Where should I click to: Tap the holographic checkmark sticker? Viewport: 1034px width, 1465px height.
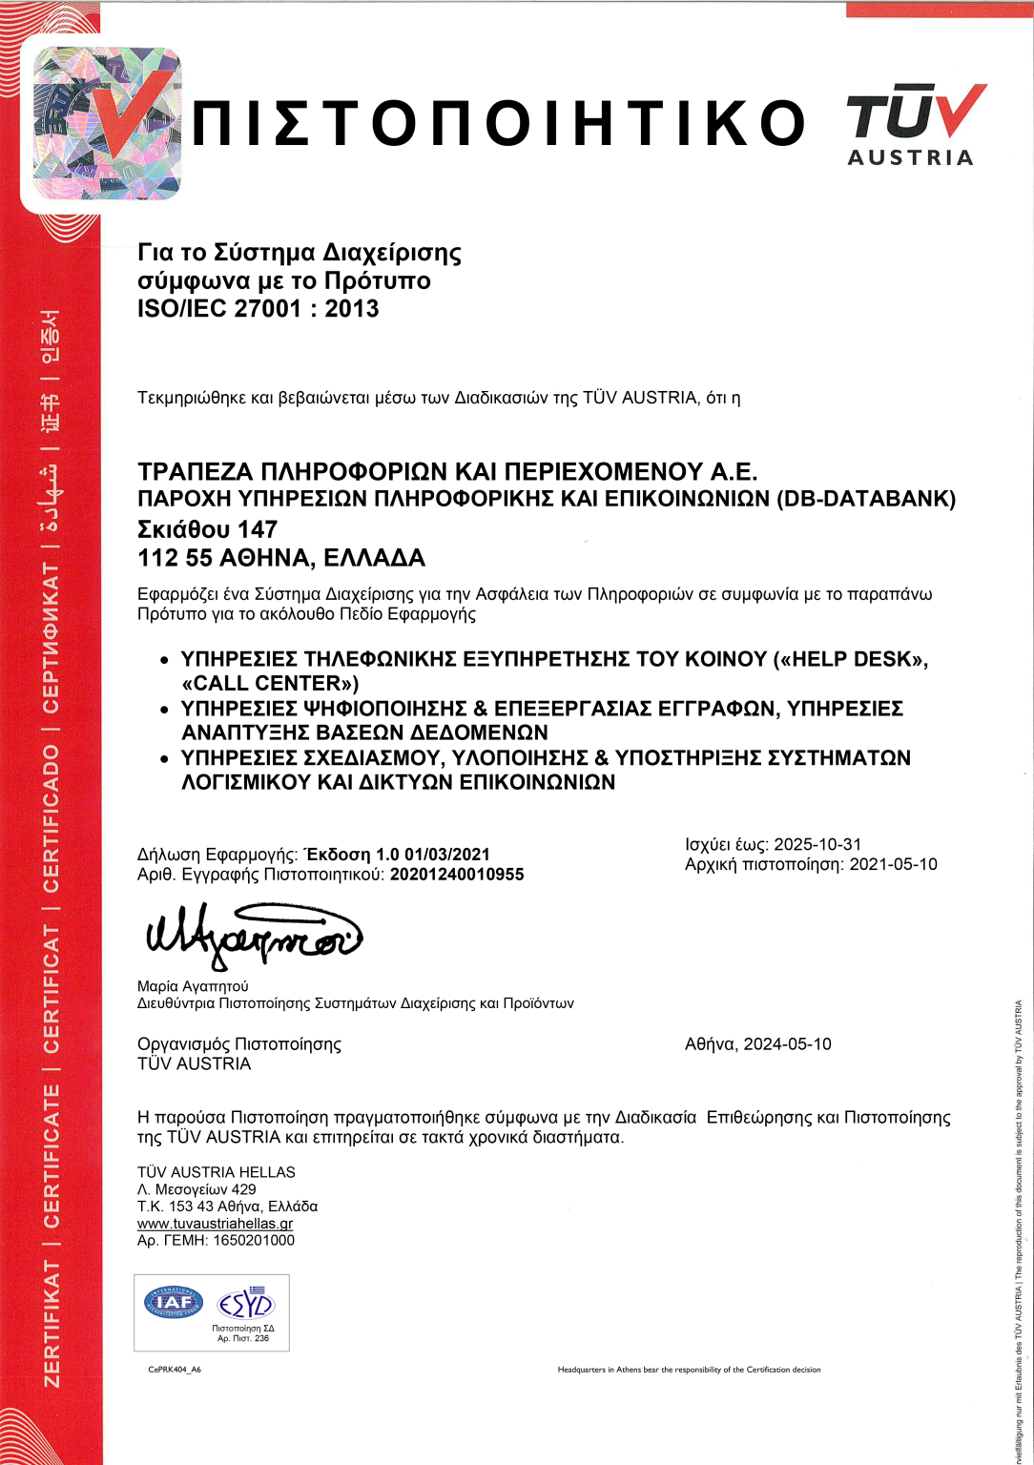(x=107, y=122)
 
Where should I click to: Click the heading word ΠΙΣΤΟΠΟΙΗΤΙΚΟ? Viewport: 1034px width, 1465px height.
(x=499, y=124)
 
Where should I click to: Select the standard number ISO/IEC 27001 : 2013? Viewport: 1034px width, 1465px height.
(x=258, y=309)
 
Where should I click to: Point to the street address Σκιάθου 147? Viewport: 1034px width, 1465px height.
(x=208, y=529)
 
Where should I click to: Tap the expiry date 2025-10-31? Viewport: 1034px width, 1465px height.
(x=817, y=844)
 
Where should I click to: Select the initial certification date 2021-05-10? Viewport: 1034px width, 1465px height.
(x=894, y=864)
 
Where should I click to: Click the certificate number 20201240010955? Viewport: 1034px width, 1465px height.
(x=457, y=875)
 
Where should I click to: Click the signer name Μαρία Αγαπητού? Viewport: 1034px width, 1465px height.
(x=193, y=986)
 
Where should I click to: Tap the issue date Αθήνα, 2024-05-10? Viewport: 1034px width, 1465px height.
(x=758, y=1044)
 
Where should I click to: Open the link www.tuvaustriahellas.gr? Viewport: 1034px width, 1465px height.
(x=216, y=1224)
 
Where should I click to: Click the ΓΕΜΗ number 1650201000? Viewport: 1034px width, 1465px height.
(x=255, y=1241)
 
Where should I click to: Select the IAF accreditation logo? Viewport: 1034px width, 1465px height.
(x=174, y=1302)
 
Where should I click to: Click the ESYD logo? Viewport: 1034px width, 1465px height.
(x=245, y=1303)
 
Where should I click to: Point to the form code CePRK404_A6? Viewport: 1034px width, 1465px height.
(x=175, y=1370)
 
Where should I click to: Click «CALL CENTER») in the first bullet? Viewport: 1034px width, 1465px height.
(x=270, y=684)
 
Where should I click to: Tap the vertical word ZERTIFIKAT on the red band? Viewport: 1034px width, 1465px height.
(x=52, y=1324)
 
